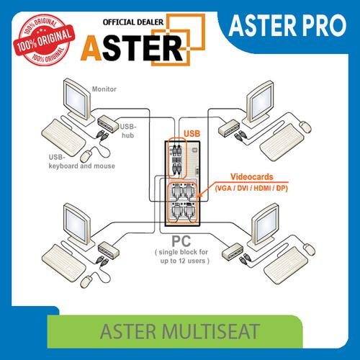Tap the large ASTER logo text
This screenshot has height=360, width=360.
140,48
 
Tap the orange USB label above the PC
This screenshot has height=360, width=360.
192,133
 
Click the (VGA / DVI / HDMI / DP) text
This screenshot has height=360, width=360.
252,187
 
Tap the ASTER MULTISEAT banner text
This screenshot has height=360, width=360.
179,335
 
